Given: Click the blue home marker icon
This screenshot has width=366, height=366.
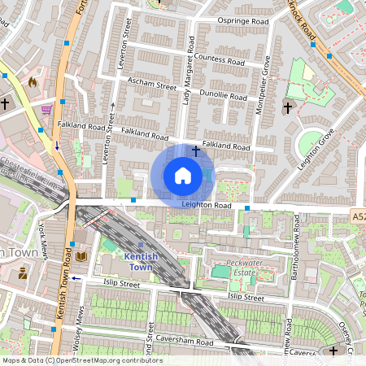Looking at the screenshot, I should (183, 176).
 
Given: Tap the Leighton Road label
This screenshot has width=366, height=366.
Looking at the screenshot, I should (207, 206).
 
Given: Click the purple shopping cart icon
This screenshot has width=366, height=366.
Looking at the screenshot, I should (47, 109).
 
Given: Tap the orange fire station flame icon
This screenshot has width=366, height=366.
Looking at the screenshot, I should (33, 82).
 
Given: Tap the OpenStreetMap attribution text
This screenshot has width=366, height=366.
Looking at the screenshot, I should (81, 360).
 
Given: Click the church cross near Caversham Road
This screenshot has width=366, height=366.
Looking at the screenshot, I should (333, 351).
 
